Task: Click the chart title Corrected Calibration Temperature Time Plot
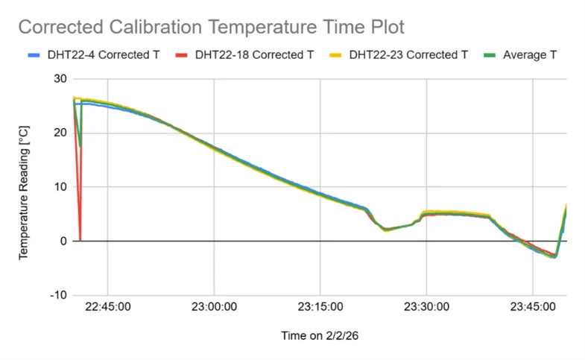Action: (211, 28)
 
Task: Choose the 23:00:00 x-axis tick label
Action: (214, 306)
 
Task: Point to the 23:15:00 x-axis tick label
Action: (320, 306)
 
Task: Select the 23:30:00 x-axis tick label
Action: (426, 306)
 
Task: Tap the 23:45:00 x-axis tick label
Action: (533, 306)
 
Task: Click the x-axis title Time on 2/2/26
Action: (320, 336)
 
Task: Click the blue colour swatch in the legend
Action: (33, 55)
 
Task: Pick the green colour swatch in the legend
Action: (490, 55)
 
